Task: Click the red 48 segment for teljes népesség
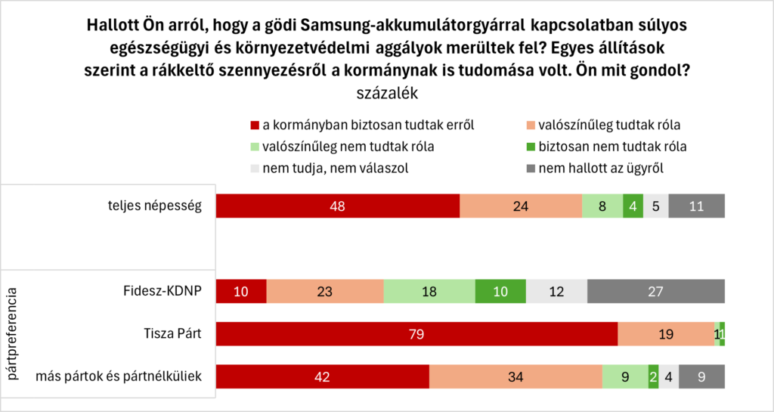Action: (x=338, y=206)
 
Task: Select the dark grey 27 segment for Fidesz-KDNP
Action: (x=655, y=291)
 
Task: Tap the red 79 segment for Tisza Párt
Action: (x=416, y=333)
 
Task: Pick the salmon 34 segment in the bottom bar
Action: (x=515, y=376)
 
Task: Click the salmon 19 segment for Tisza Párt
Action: (x=665, y=333)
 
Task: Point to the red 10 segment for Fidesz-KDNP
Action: (x=241, y=291)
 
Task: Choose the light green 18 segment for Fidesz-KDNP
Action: (x=429, y=291)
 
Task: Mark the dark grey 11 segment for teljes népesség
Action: (x=696, y=206)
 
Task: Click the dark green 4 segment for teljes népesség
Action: (x=633, y=206)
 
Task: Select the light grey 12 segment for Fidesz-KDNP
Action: (x=556, y=291)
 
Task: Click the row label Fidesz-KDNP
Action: (x=163, y=291)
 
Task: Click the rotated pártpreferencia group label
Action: (x=12, y=333)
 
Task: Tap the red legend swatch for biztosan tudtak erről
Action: (x=254, y=124)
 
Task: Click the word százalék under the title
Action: (x=386, y=94)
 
